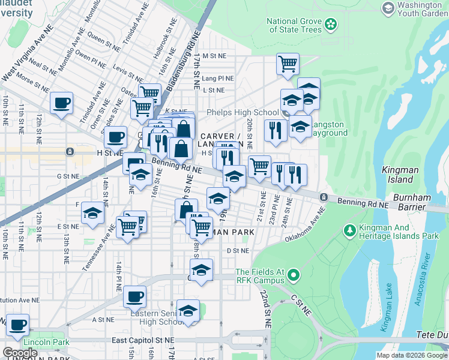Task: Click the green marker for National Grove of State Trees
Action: pos(331,25)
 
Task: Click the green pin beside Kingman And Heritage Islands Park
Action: pos(349,231)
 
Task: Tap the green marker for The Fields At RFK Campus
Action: pos(293,275)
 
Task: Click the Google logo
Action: pos(20,353)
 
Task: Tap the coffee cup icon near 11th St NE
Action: pos(61,103)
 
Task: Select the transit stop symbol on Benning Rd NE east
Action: pos(324,197)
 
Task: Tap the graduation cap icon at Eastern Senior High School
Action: pos(188,310)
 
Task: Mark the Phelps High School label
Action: pos(243,112)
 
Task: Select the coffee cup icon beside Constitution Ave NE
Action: pos(134,296)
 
